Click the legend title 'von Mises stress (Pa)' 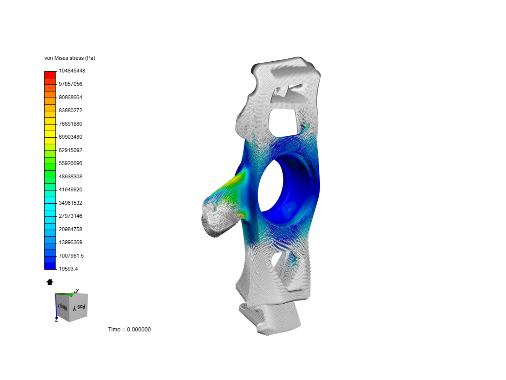click(x=70, y=58)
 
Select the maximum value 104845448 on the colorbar click(x=72, y=71)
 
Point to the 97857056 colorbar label click(x=70, y=84)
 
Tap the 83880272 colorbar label click(x=70, y=110)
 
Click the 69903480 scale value click(x=70, y=137)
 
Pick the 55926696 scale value click(x=70, y=163)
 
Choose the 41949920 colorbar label click(x=70, y=190)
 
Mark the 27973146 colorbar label click(x=70, y=216)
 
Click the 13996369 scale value click(x=70, y=242)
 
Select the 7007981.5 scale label click(x=71, y=256)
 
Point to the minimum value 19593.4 click(x=68, y=269)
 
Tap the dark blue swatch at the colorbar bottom click(x=50, y=266)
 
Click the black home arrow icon click(x=50, y=282)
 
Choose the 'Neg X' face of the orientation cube click(x=63, y=306)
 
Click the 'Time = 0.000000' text click(x=129, y=330)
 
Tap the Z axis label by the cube click(x=56, y=320)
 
